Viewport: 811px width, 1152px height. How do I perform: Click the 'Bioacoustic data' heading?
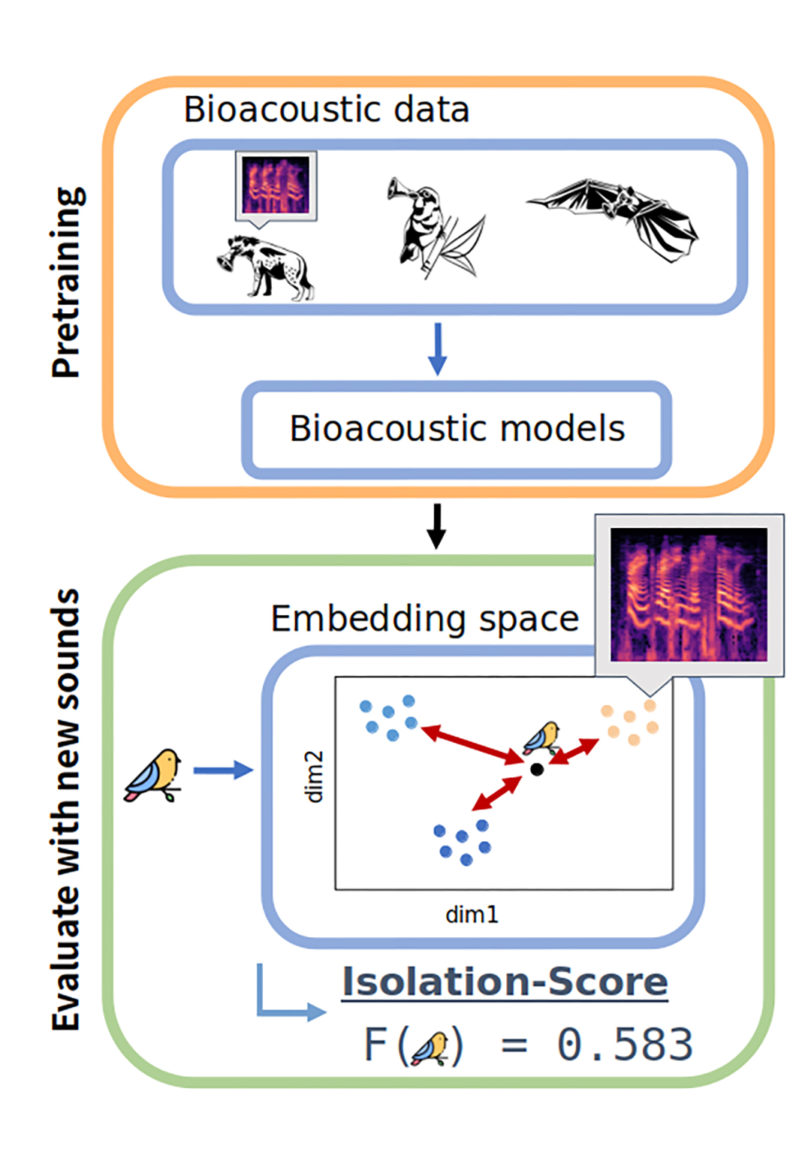tap(327, 110)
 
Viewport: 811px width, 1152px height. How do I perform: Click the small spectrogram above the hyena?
tap(276, 185)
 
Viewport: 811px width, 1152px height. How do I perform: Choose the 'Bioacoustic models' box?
tap(457, 430)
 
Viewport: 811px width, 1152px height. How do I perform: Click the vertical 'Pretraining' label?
tap(68, 282)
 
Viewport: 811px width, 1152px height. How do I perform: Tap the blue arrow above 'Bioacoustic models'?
tap(437, 348)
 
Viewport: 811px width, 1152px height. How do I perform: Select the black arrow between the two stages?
tap(436, 526)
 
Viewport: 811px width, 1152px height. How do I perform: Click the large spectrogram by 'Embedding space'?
tap(689, 595)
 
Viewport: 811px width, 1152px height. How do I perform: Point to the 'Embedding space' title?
tap(425, 620)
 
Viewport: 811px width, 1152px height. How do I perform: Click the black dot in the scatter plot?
tap(537, 769)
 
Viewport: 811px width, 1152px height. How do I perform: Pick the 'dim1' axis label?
tap(472, 915)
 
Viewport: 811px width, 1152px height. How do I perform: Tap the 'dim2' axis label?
tap(315, 777)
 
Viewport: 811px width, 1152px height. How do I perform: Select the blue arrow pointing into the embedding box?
tap(223, 770)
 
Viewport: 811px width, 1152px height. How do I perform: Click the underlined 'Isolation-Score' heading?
tap(505, 982)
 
